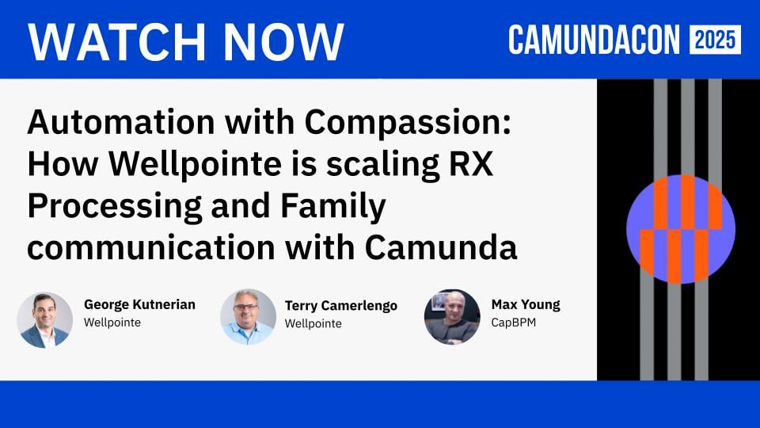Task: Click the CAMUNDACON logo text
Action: point(595,40)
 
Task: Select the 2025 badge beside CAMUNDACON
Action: point(715,40)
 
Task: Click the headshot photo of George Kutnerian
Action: point(45,320)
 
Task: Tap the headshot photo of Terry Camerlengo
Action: point(248,317)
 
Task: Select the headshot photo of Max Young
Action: point(452,317)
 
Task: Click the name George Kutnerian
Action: point(139,305)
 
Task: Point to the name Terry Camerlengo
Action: point(340,306)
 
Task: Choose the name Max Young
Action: point(526,305)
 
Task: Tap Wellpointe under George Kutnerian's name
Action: point(112,323)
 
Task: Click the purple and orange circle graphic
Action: point(680,229)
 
